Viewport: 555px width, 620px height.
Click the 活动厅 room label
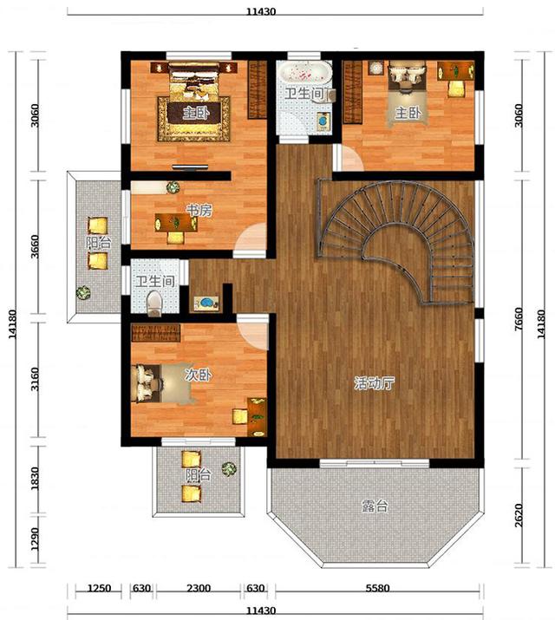click(374, 383)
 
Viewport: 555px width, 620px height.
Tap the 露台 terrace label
click(375, 506)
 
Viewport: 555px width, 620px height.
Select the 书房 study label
click(199, 211)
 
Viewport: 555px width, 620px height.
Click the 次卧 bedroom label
click(199, 375)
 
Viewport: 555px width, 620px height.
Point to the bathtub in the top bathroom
click(304, 72)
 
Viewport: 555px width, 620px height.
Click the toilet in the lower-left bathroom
click(154, 303)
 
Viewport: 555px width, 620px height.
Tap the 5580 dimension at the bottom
click(377, 588)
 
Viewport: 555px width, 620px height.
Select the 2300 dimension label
click(199, 588)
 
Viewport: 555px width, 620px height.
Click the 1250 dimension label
click(99, 588)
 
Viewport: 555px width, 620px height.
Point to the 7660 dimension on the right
click(519, 319)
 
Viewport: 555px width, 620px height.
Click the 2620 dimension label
click(519, 515)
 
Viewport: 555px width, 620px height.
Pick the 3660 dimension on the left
click(35, 246)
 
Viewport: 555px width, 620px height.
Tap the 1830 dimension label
click(35, 479)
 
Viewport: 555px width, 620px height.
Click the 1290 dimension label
click(35, 538)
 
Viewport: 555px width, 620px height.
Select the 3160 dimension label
click(35, 379)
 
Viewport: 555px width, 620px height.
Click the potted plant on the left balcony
click(83, 292)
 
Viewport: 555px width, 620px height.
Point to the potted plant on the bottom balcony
click(229, 468)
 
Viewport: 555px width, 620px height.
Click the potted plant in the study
click(173, 187)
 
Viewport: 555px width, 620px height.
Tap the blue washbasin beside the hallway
click(206, 303)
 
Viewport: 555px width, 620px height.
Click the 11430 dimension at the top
click(261, 11)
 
